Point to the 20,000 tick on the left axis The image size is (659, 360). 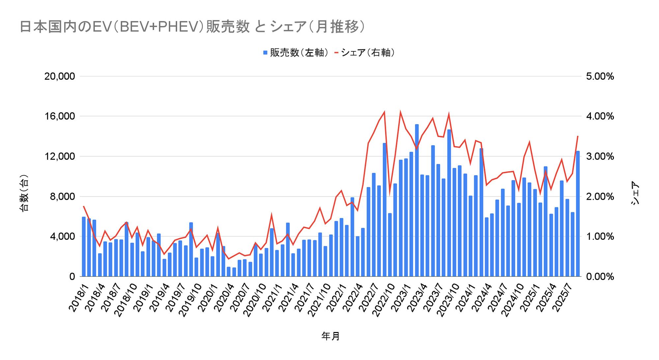60,76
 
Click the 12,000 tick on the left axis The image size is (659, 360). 60,156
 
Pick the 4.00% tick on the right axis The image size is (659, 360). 600,116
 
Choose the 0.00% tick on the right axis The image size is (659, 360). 600,277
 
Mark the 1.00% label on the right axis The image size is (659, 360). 600,237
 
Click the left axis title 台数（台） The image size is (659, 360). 24,193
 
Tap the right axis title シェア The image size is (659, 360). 635,193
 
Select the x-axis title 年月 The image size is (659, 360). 330,336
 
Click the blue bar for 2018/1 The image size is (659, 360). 84,247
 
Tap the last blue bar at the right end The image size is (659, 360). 578,214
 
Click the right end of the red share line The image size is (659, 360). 578,136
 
